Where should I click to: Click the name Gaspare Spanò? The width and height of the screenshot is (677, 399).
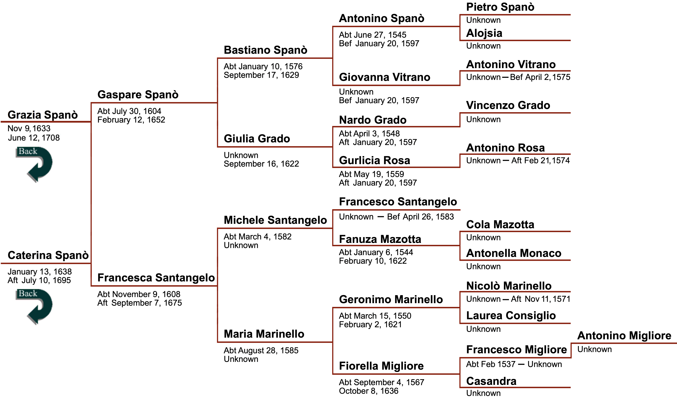[138, 95]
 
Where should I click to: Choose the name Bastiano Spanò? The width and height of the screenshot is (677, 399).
[265, 50]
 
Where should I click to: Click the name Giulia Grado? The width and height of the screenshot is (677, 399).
[257, 139]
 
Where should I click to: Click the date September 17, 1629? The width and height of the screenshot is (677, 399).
[261, 75]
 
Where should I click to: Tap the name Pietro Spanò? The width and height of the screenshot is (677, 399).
[500, 7]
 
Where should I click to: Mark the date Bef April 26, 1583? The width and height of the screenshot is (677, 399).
[420, 217]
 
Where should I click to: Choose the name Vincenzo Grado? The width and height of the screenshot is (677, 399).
[508, 105]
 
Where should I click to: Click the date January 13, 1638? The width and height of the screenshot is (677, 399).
[39, 272]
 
